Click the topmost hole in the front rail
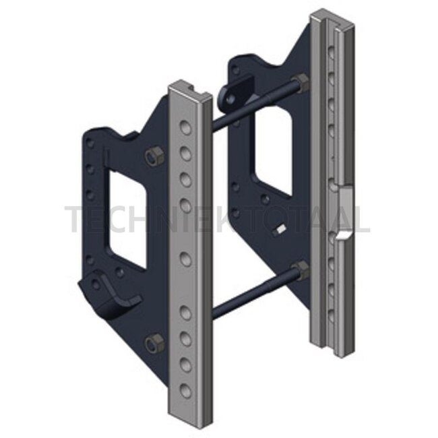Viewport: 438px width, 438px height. (x=186, y=127)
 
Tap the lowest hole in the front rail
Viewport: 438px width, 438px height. (x=186, y=390)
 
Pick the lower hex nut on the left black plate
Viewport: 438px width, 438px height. (x=154, y=342)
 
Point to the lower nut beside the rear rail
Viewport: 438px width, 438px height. (x=301, y=270)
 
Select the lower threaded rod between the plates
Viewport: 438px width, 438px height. (x=254, y=293)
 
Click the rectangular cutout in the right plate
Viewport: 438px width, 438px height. (x=272, y=151)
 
